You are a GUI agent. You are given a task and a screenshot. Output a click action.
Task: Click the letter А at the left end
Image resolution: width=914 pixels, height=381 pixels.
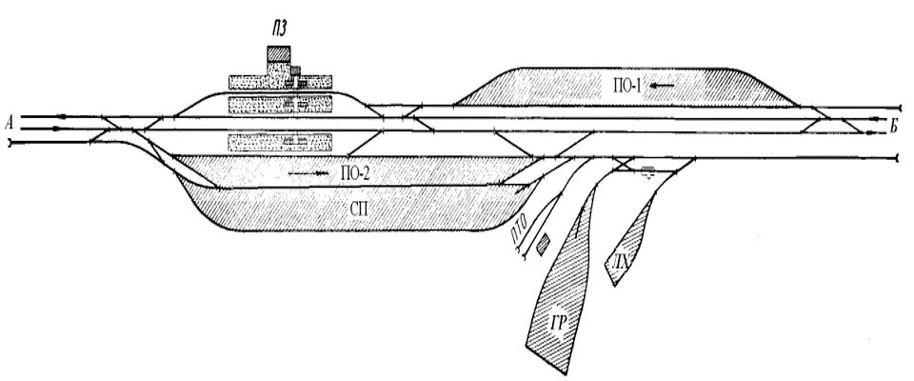[x=9, y=122]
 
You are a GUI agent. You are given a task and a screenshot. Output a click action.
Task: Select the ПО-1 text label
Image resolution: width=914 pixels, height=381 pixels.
[x=630, y=87]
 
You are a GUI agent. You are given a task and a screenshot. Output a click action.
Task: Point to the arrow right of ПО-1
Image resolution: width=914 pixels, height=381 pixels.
[x=664, y=87]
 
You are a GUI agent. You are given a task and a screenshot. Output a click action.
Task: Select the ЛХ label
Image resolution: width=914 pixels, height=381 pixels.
[x=620, y=260]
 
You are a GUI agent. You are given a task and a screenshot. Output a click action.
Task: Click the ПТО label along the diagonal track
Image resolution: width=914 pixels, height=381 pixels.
[x=519, y=229]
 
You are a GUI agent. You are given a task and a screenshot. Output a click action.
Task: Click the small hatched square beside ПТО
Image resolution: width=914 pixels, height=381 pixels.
[x=543, y=244]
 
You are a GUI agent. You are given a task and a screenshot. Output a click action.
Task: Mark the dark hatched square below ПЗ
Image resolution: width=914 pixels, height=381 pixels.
[x=278, y=53]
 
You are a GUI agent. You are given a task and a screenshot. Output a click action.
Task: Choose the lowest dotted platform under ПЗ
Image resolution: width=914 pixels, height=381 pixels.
[x=280, y=142]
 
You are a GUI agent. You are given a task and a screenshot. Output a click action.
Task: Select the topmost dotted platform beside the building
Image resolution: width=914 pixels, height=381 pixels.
[x=280, y=80]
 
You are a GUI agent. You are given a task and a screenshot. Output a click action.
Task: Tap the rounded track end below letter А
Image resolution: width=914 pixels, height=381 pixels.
[x=9, y=144]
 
